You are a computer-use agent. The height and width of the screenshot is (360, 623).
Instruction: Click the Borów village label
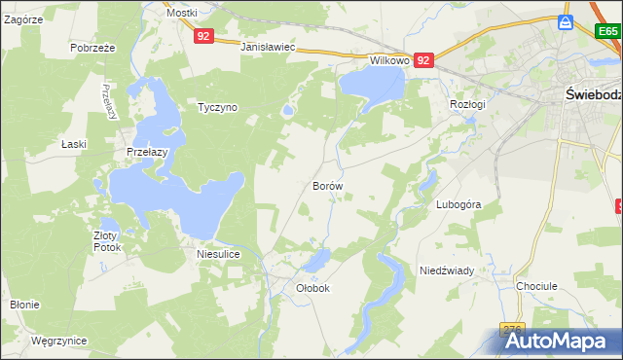click(x=328, y=185)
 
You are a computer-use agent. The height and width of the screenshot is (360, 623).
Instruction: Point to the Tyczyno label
click(x=217, y=107)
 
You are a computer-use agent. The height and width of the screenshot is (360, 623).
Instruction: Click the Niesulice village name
click(x=218, y=253)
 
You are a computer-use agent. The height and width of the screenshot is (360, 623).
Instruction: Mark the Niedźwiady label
click(x=446, y=270)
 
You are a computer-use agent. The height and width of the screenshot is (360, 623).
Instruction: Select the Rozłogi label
click(x=467, y=103)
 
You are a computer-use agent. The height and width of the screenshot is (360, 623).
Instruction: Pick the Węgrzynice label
click(x=58, y=341)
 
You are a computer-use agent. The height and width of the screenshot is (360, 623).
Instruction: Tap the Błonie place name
click(x=24, y=305)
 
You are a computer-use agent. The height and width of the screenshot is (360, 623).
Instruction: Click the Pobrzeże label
click(x=93, y=47)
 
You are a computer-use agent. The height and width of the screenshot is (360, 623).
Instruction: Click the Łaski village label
click(x=73, y=144)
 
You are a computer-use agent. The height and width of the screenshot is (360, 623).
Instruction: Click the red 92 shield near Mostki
click(x=202, y=36)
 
